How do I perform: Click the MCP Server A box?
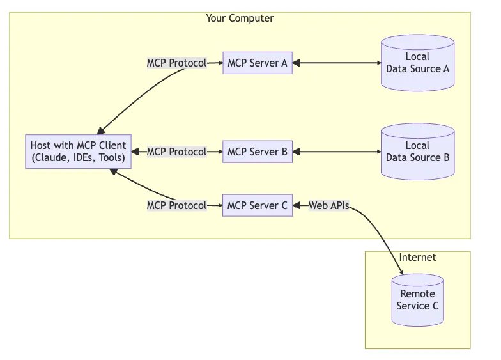point(257,63)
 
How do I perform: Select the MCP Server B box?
point(257,152)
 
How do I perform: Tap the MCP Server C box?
point(257,205)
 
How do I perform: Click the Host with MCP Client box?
point(78,152)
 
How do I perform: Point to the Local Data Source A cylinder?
point(418,63)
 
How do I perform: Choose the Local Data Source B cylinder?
point(418,152)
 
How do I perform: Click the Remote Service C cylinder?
point(418,300)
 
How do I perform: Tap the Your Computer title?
point(240,18)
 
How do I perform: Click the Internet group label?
point(417,257)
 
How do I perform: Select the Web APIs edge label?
point(328,205)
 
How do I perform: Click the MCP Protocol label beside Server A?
point(176,63)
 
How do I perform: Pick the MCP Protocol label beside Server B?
point(176,152)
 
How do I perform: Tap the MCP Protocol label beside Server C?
point(176,205)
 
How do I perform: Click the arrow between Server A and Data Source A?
point(337,63)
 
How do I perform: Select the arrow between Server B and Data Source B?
point(337,152)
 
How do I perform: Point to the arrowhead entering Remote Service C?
point(401,272)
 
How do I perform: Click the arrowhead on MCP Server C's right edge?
point(297,205)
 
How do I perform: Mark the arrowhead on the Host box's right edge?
point(135,152)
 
